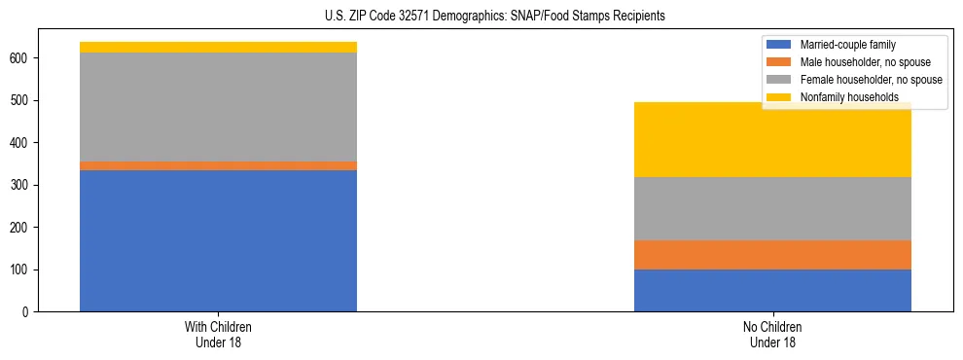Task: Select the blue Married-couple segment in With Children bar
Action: pos(218,240)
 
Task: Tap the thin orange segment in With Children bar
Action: pos(218,165)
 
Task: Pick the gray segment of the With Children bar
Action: pos(218,107)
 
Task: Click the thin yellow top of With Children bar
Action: pos(218,47)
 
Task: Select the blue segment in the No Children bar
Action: pos(772,290)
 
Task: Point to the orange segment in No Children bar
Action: pos(772,255)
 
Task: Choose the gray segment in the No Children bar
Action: pos(772,208)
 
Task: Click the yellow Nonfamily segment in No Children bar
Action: pos(772,140)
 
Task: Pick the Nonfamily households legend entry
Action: pos(848,97)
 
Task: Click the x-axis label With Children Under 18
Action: pos(218,335)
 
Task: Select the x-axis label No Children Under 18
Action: pos(772,335)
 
